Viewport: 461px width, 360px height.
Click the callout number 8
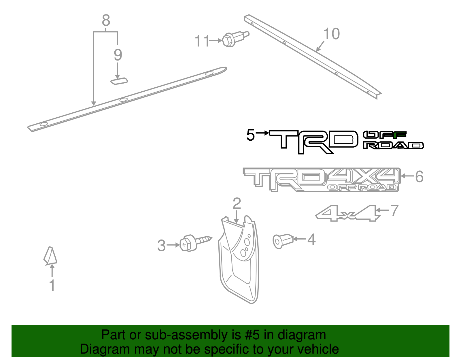tap(106, 21)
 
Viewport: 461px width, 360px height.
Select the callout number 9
tap(118, 55)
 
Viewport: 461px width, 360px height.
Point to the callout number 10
tap(332, 34)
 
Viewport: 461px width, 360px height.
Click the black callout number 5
tap(250, 135)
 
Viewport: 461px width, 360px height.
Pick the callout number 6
tap(419, 176)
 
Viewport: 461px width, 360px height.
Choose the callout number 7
tap(394, 210)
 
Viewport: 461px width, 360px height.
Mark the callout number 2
tap(237, 204)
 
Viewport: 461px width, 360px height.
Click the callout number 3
tap(161, 246)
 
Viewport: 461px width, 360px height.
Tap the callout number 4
tap(311, 240)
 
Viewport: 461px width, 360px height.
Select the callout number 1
tap(52, 285)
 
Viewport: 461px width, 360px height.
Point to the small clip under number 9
tap(119, 81)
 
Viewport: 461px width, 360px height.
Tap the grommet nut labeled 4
tap(283, 241)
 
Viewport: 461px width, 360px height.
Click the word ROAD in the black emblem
tap(393, 145)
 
